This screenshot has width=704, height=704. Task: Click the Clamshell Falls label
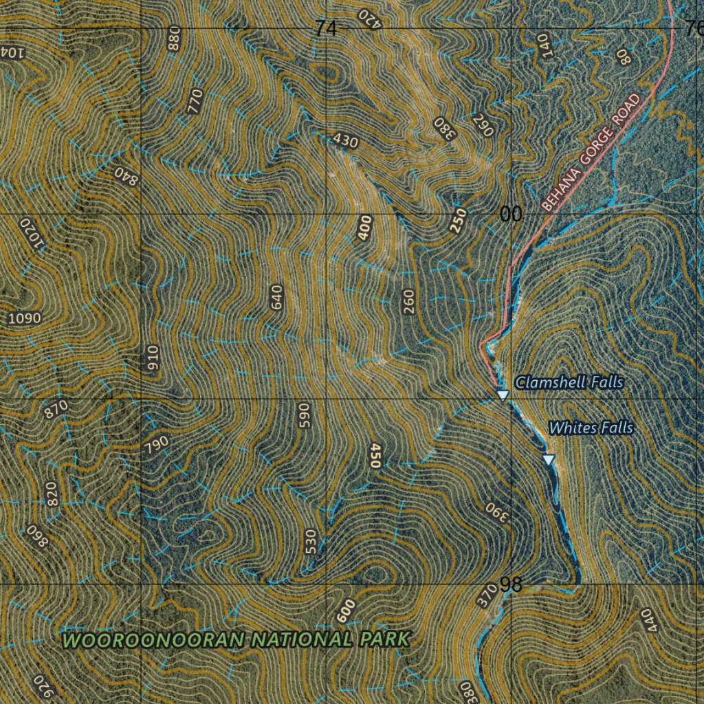tap(569, 382)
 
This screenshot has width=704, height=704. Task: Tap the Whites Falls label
tap(591, 428)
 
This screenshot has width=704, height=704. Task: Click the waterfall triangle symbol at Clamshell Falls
tap(503, 395)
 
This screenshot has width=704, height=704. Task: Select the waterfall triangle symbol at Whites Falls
tap(548, 459)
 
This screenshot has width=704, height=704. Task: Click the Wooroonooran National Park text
tap(236, 640)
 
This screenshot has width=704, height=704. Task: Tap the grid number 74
tap(327, 29)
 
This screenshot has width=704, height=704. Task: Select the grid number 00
tap(511, 215)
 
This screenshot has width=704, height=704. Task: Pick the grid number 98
tap(511, 585)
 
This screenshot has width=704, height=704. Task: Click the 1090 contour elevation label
tap(25, 318)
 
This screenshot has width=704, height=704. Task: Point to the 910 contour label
tap(153, 359)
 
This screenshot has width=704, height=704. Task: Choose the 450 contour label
tap(375, 456)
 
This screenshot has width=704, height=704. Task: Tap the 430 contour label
tap(345, 141)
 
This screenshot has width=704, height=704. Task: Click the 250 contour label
tap(459, 221)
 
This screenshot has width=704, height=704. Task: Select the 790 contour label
tap(156, 446)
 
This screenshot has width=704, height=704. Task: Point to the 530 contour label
tap(311, 542)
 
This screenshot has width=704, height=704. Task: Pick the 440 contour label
tap(648, 620)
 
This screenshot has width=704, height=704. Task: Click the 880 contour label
tap(174, 38)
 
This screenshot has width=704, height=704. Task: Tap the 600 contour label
tap(346, 611)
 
